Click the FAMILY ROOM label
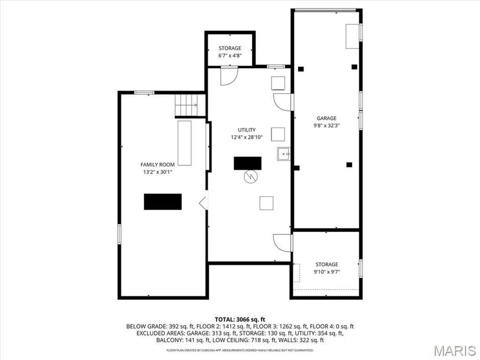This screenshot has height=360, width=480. click(157, 165)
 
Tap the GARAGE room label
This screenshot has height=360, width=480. click(326, 118)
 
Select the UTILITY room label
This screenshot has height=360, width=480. click(246, 130)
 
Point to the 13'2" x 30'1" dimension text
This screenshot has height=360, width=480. click(157, 172)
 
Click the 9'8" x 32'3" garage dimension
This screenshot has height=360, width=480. click(326, 126)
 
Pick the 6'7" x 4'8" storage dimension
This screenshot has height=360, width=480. click(229, 55)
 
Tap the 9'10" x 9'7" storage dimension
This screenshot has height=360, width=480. click(326, 271)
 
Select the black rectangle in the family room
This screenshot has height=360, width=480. click(163, 202)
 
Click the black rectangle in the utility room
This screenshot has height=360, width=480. click(247, 163)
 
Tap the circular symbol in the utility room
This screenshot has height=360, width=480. click(250, 177)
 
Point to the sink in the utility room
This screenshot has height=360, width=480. click(283, 154)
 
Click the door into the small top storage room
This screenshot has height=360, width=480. click(228, 76)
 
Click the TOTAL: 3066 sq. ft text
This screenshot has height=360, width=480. click(239, 318)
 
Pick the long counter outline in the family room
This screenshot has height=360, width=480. click(185, 142)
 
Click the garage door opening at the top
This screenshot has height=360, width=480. click(326, 10)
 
